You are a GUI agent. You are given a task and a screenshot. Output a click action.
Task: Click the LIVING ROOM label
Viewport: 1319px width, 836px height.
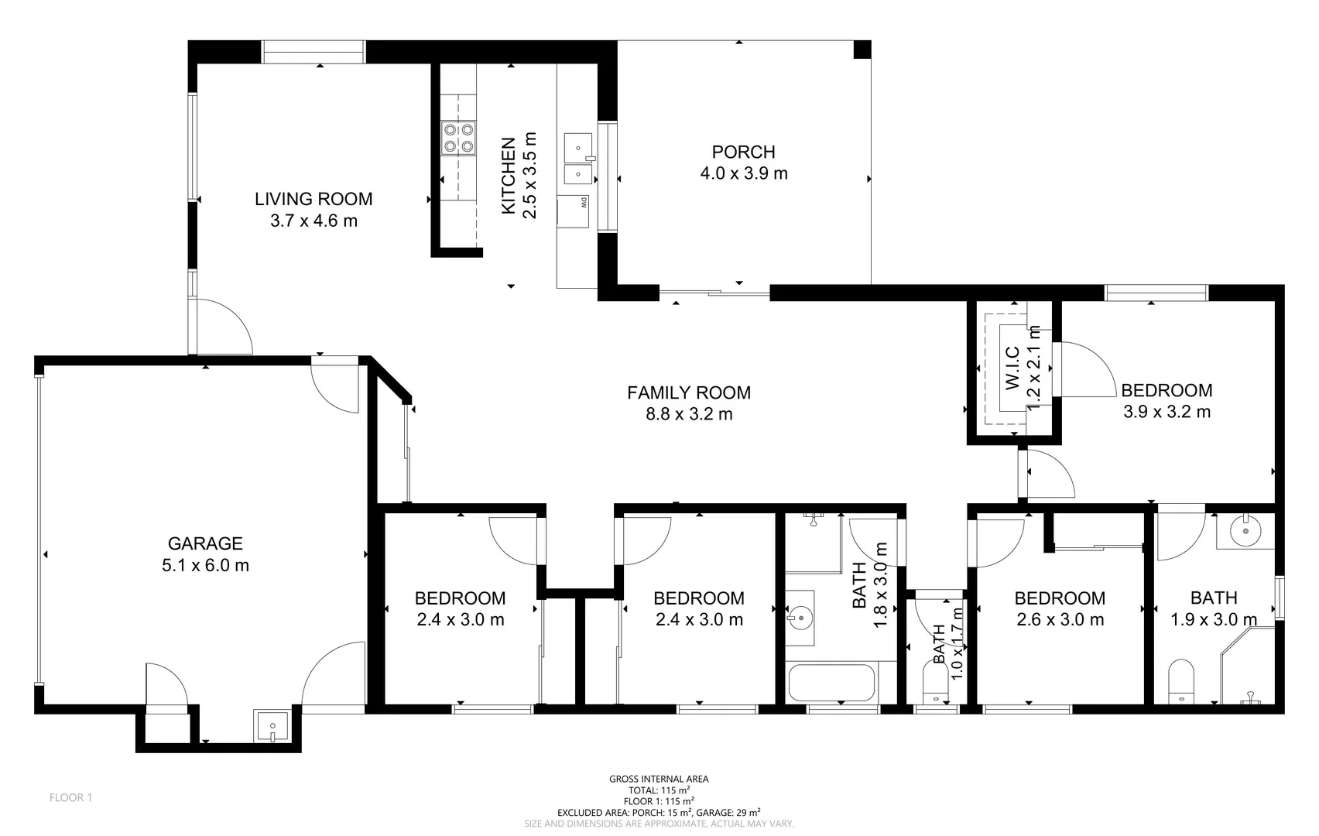[313, 199]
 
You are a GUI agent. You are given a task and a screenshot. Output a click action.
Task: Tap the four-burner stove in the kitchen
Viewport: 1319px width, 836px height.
[457, 138]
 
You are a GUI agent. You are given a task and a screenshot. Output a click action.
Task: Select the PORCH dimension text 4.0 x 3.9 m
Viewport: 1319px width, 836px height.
[743, 173]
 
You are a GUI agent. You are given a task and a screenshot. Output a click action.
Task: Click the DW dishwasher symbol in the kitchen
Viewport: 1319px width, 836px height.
[574, 212]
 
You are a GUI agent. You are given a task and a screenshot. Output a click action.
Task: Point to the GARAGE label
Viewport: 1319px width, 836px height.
[205, 543]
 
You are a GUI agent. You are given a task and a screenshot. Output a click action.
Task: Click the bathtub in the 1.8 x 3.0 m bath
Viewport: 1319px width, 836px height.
[831, 682]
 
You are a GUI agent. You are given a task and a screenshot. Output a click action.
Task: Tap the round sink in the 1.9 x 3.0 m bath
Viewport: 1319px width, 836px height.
[1245, 532]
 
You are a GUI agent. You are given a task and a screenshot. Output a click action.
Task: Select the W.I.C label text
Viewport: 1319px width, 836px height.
[1011, 368]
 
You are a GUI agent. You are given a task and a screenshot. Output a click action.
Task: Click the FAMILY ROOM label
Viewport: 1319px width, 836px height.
[688, 392]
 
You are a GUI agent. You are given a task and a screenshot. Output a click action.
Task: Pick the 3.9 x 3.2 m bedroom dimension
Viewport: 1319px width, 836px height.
[1167, 412]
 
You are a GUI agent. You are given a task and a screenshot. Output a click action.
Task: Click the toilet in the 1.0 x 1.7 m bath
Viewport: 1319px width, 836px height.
[936, 685]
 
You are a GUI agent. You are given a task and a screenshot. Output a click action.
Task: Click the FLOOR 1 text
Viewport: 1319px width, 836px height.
[70, 797]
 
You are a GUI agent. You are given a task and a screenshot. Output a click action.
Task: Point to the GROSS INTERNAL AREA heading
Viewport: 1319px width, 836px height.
[658, 779]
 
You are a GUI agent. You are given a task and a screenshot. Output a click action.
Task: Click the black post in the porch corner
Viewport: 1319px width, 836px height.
[862, 49]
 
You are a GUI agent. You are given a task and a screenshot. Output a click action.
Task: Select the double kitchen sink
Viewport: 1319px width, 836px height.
[577, 158]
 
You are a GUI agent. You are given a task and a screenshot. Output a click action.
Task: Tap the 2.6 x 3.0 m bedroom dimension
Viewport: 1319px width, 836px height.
[1059, 619]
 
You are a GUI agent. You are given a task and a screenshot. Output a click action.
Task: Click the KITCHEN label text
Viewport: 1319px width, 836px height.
[509, 176]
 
